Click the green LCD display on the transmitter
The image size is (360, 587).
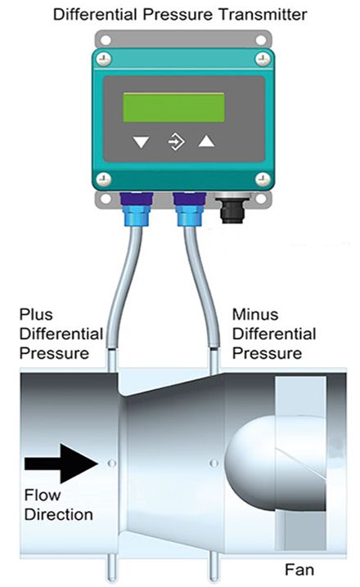click(x=173, y=107)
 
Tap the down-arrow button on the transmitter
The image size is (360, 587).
click(x=142, y=142)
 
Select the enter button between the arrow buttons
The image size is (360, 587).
click(x=176, y=142)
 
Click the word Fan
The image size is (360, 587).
click(x=299, y=569)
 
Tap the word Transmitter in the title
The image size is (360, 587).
click(x=263, y=15)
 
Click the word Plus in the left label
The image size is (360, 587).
click(x=36, y=315)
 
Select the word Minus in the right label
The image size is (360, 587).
click(x=255, y=315)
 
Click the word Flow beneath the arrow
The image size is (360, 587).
click(x=43, y=495)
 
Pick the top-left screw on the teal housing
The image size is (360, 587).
click(x=103, y=59)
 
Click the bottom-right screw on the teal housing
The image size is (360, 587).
click(x=263, y=180)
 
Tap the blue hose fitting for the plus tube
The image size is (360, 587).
click(x=137, y=209)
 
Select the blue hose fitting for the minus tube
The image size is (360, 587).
click(x=190, y=209)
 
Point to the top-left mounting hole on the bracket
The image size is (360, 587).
click(x=106, y=40)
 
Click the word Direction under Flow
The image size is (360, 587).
click(x=59, y=514)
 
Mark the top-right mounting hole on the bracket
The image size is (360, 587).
click(x=261, y=40)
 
